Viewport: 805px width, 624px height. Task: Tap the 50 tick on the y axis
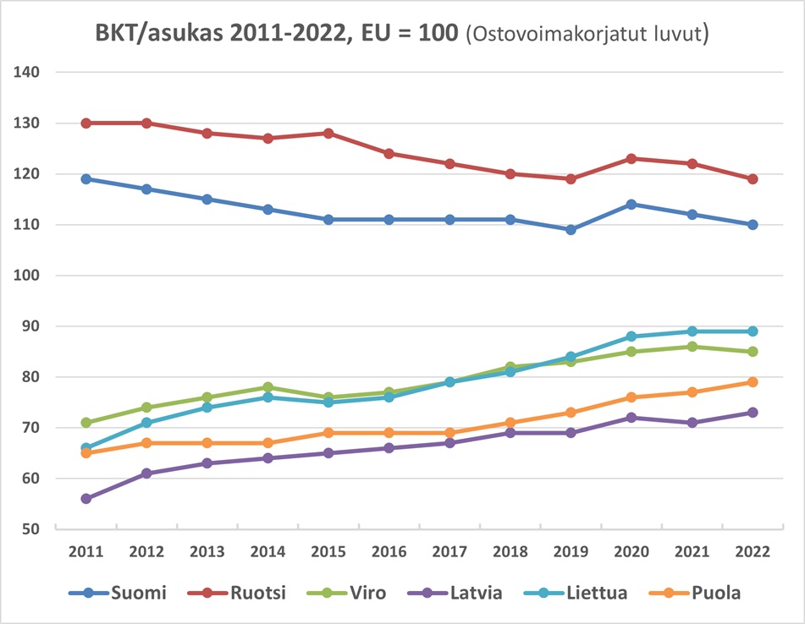click(32, 529)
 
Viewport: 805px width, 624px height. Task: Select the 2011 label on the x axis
click(85, 551)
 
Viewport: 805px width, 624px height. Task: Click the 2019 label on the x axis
click(571, 551)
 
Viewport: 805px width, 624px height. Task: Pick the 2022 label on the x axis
click(752, 551)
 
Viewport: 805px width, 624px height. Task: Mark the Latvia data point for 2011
click(85, 499)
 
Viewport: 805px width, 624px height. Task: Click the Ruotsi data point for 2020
click(631, 159)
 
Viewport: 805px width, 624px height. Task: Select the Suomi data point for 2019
click(571, 230)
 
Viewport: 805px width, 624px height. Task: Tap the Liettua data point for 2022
click(752, 331)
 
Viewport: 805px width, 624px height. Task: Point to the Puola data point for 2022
click(752, 382)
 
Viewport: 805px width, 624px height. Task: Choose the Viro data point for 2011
click(85, 423)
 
